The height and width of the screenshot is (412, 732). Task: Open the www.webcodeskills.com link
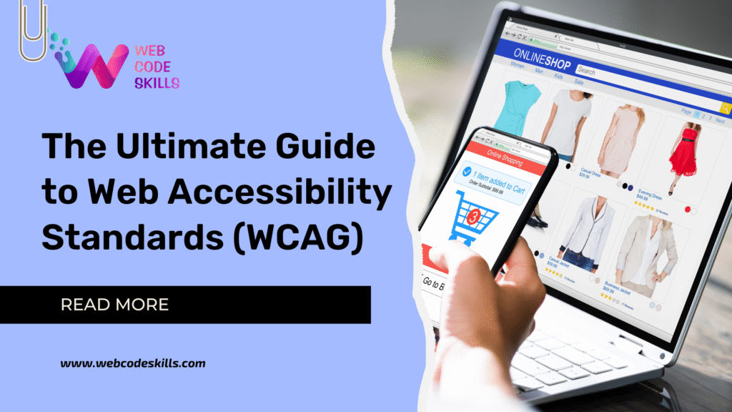(133, 363)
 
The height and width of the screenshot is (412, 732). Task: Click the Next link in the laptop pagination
(719, 120)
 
